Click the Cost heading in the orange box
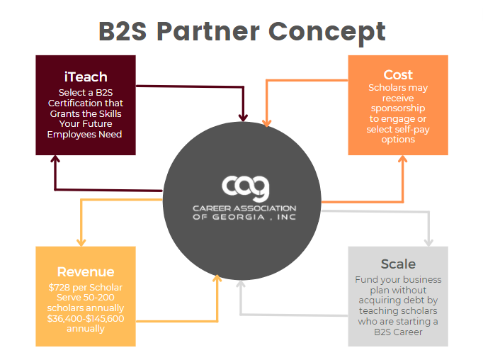pos(397,74)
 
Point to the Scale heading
pos(397,264)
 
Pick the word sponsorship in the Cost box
pos(397,109)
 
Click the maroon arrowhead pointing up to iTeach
pos(55,162)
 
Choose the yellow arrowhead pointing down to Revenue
pos(82,240)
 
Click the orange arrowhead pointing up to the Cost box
pos(402,159)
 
